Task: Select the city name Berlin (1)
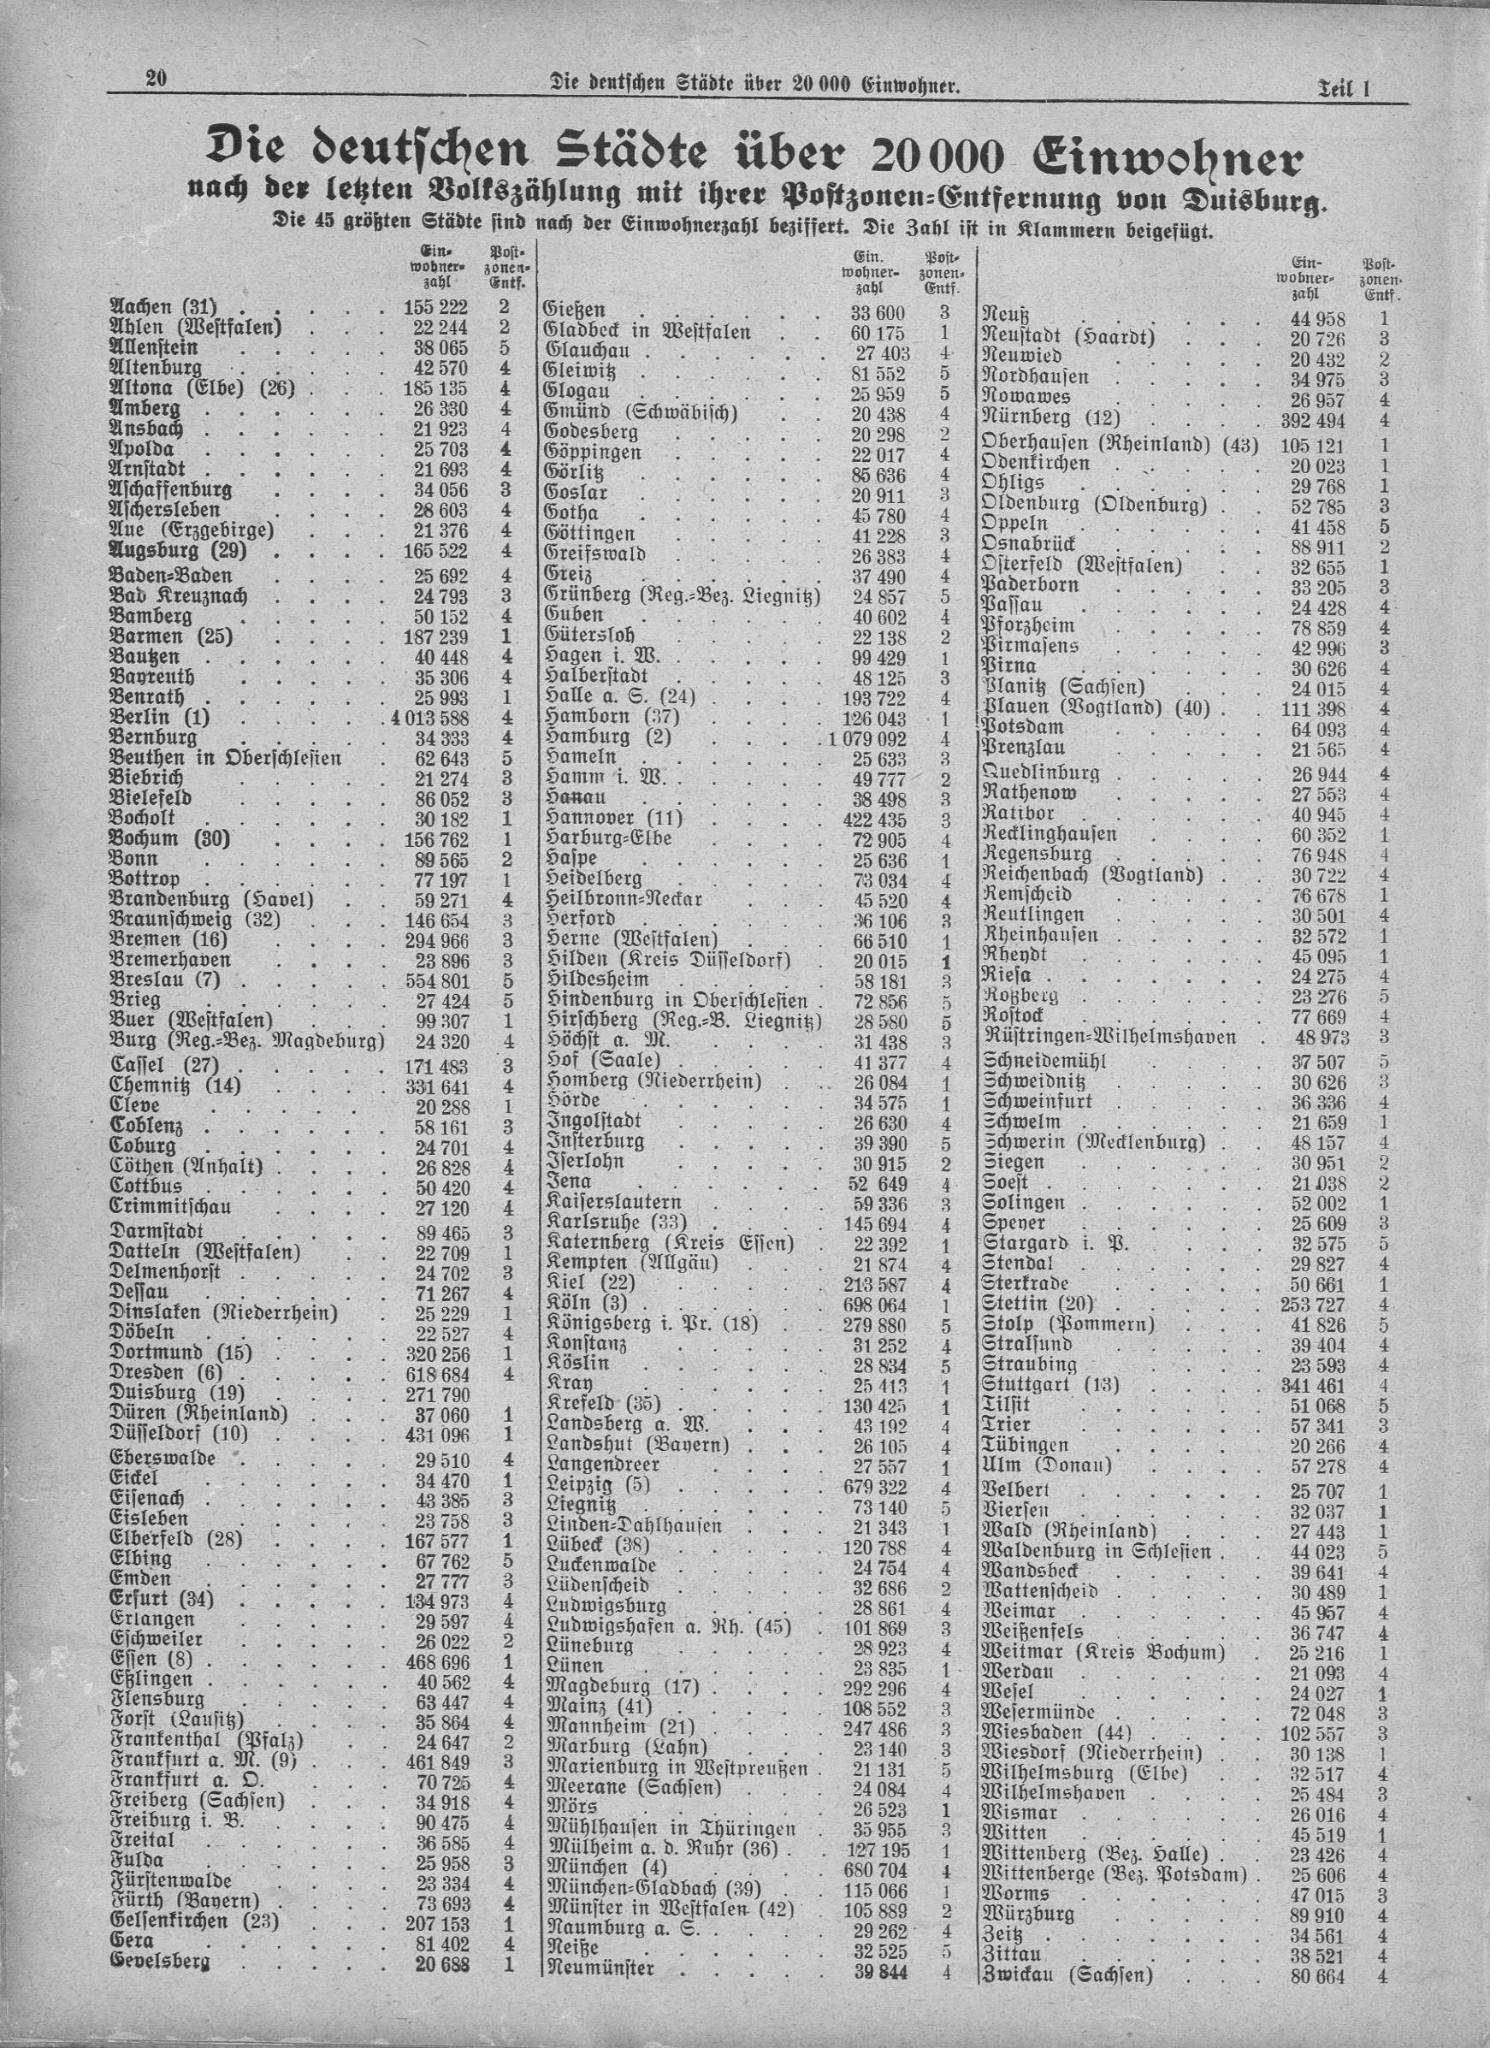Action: [159, 717]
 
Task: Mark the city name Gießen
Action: [576, 310]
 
